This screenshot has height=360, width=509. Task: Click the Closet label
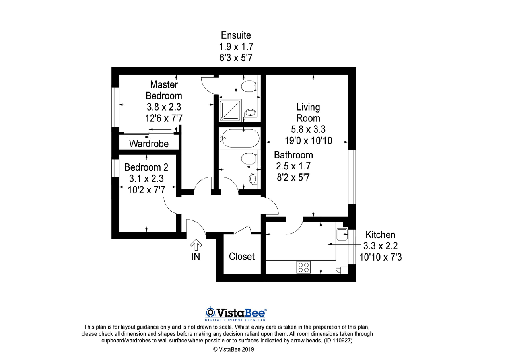pos(241,257)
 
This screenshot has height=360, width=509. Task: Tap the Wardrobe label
pos(149,144)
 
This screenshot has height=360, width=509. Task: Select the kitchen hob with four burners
pos(303,267)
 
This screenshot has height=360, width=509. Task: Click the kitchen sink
pos(342,234)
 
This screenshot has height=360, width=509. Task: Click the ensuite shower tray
pos(230,110)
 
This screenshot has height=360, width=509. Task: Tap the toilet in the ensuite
pos(249,86)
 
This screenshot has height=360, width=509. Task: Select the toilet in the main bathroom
pos(249,158)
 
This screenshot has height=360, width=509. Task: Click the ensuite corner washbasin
pos(251,113)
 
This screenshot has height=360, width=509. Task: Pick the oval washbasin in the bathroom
pos(253,179)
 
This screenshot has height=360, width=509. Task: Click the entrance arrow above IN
pos(196,245)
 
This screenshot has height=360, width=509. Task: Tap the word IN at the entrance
pos(196,257)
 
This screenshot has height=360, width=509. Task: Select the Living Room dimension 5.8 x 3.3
pos(308,129)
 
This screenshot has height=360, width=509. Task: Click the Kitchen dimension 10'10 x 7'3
pos(381,257)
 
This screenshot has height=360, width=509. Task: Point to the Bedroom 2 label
pos(146,167)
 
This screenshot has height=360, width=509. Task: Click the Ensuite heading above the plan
pos(236,35)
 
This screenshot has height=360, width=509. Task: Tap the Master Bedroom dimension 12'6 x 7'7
pos(164,118)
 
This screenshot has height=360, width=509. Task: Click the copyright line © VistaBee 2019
pos(233,349)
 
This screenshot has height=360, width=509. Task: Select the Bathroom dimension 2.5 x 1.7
pos(293,166)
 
